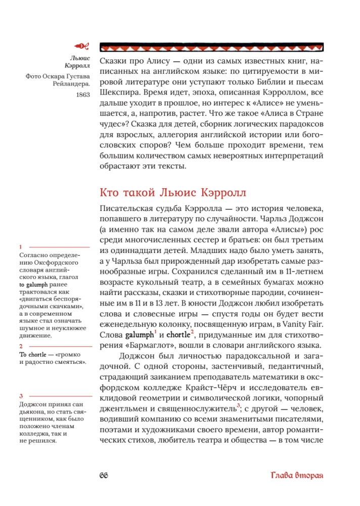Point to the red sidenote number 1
click(20, 246)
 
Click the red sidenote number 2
click(20, 346)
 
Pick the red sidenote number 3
click(20, 396)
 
